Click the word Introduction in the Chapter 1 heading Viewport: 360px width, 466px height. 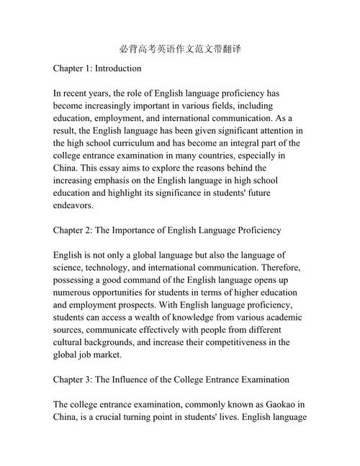pyautogui.click(x=116, y=69)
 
